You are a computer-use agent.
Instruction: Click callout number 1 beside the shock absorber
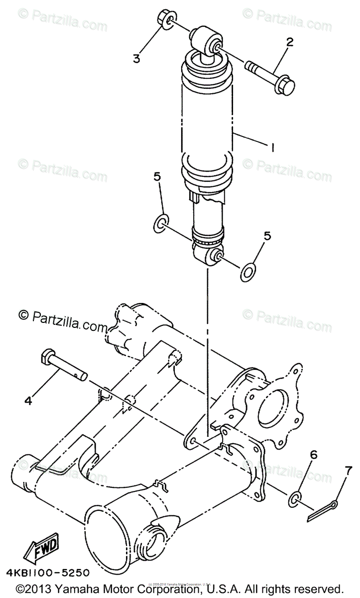[x=272, y=148]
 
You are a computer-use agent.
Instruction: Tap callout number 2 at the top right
[x=287, y=43]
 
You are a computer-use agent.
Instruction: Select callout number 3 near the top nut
[x=136, y=58]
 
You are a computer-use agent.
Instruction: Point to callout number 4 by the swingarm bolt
[x=28, y=400]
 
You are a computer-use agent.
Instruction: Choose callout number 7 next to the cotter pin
[x=348, y=469]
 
